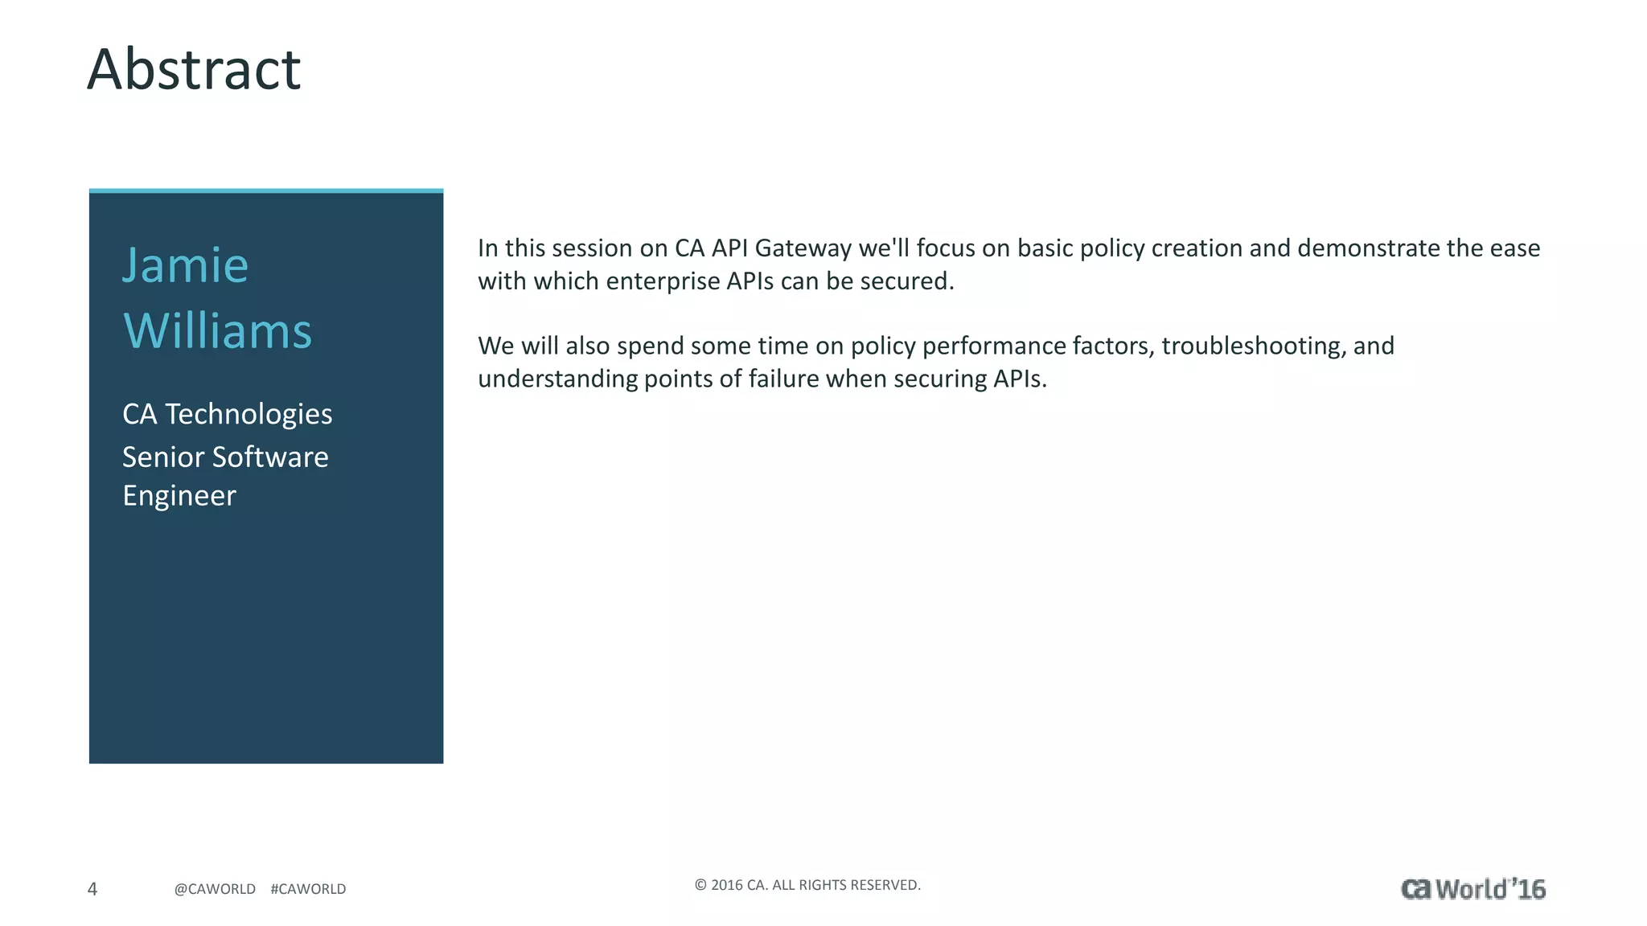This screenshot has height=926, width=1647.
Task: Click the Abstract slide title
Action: tap(193, 69)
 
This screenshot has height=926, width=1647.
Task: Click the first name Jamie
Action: tap(185, 265)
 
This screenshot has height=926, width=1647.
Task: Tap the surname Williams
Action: tap(217, 331)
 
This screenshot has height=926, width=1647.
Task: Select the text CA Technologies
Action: tap(227, 414)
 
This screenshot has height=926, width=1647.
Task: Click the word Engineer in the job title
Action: tap(179, 496)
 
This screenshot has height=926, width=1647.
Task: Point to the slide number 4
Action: tap(92, 889)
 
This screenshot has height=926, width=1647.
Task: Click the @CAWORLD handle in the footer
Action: tap(215, 889)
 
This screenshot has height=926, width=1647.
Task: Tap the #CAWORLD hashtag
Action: tap(308, 889)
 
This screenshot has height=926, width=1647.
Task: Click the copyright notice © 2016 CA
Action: tap(807, 885)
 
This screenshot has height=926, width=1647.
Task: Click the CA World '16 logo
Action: tap(1472, 889)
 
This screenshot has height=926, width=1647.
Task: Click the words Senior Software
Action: tap(225, 457)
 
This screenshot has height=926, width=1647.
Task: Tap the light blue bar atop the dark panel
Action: tap(266, 191)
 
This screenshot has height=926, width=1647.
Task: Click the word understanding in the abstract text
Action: tap(557, 379)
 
